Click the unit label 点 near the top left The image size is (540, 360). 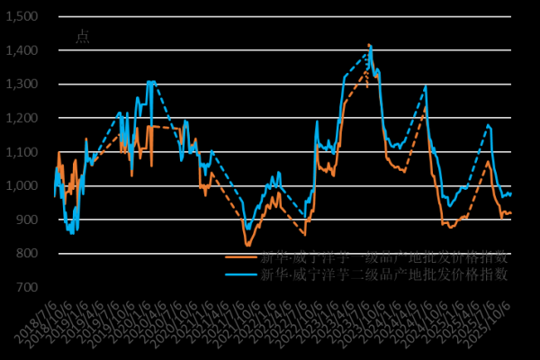click(82, 37)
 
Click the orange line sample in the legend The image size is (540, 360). click(241, 256)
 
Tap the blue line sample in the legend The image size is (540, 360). click(241, 274)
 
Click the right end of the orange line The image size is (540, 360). click(511, 212)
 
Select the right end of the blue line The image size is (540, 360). click(511, 193)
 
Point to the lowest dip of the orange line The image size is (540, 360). click(248, 245)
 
